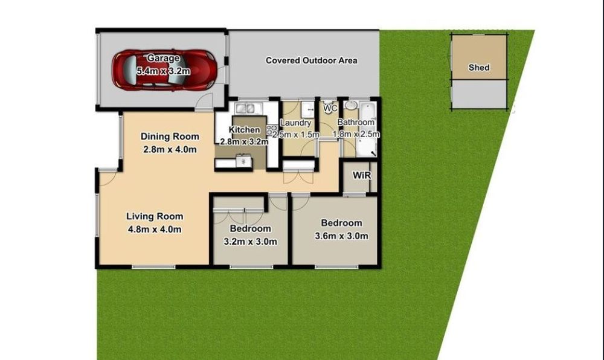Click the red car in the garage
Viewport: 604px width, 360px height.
(x=164, y=70)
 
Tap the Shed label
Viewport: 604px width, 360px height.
(x=479, y=68)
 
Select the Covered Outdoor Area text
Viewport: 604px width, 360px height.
(x=311, y=60)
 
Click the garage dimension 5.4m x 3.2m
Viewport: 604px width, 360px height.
(x=163, y=71)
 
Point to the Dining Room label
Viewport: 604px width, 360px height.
(x=170, y=137)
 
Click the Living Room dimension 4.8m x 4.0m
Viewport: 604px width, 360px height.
(x=154, y=230)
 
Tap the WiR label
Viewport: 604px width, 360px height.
(x=362, y=176)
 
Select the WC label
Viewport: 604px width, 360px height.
(x=330, y=108)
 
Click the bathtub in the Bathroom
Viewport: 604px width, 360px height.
(x=367, y=129)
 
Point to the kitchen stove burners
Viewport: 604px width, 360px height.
(x=271, y=130)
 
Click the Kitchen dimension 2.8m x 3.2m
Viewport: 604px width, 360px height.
(x=244, y=142)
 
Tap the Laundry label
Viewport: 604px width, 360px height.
(x=295, y=123)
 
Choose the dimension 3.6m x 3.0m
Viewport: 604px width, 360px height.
(x=341, y=236)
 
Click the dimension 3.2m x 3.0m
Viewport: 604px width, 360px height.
(x=251, y=242)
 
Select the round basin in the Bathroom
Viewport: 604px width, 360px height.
(x=351, y=105)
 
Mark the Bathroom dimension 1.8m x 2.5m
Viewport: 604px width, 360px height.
(x=356, y=134)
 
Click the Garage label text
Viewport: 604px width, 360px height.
(x=163, y=58)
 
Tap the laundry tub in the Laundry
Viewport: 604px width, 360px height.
(x=308, y=109)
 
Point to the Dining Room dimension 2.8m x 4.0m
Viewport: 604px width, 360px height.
(x=170, y=149)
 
